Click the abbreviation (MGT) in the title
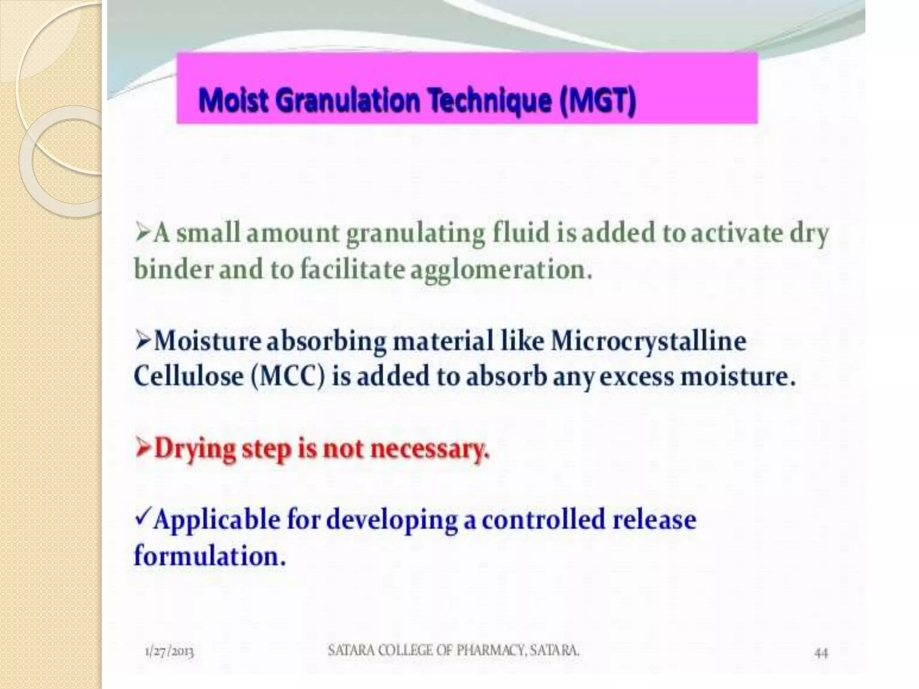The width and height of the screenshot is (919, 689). (597, 101)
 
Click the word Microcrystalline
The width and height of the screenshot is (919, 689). (648, 341)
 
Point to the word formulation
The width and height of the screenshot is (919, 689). (210, 556)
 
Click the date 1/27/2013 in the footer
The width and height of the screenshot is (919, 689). (170, 651)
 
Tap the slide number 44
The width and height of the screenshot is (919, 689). (820, 654)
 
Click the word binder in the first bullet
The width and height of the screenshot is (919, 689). (173, 270)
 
